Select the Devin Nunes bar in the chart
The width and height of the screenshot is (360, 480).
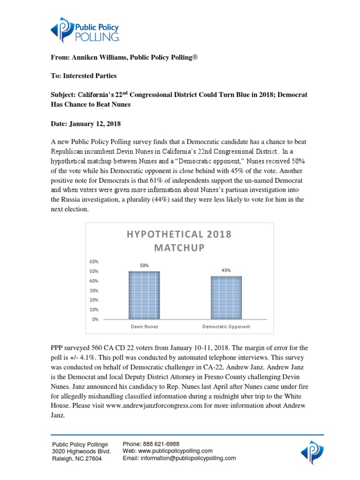(144, 295)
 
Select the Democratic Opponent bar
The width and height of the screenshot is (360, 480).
(226, 298)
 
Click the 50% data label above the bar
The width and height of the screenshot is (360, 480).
(144, 265)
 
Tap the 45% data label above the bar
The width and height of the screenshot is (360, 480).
(226, 270)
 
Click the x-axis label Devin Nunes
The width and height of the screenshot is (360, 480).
(144, 326)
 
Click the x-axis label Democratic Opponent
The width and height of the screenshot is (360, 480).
(226, 326)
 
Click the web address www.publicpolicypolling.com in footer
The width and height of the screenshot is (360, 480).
(176, 451)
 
